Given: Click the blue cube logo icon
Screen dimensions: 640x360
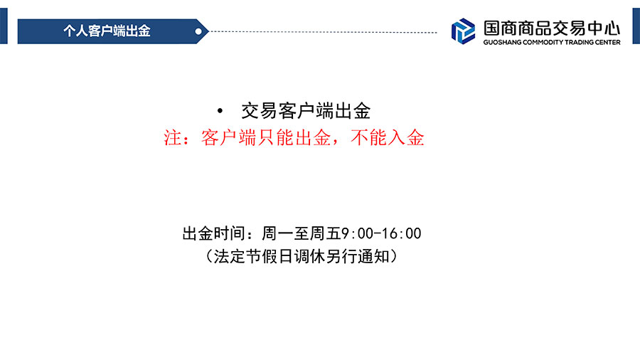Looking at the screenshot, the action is click(x=463, y=31).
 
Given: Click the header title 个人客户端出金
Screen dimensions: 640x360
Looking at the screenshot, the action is click(x=107, y=31).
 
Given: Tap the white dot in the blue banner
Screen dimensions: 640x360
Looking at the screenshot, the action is click(x=198, y=31).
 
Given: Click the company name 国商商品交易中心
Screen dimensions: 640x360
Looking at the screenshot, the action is click(x=552, y=28).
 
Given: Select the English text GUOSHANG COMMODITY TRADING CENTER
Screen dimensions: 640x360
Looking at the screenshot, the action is click(x=552, y=42).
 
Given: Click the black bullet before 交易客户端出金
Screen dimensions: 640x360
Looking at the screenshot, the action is click(x=220, y=110).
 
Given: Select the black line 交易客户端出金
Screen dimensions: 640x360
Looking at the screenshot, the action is click(x=306, y=111).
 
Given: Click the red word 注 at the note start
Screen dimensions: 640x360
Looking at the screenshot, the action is click(x=172, y=137).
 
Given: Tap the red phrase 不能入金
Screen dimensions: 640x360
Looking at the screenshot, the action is click(x=388, y=137).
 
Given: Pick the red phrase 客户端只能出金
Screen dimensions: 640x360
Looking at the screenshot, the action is click(x=266, y=137).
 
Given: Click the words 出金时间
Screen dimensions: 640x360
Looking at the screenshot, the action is click(x=213, y=233).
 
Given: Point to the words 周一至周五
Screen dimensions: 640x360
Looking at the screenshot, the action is click(x=302, y=233).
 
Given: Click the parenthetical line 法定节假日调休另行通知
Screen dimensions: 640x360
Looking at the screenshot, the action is click(x=302, y=256).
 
